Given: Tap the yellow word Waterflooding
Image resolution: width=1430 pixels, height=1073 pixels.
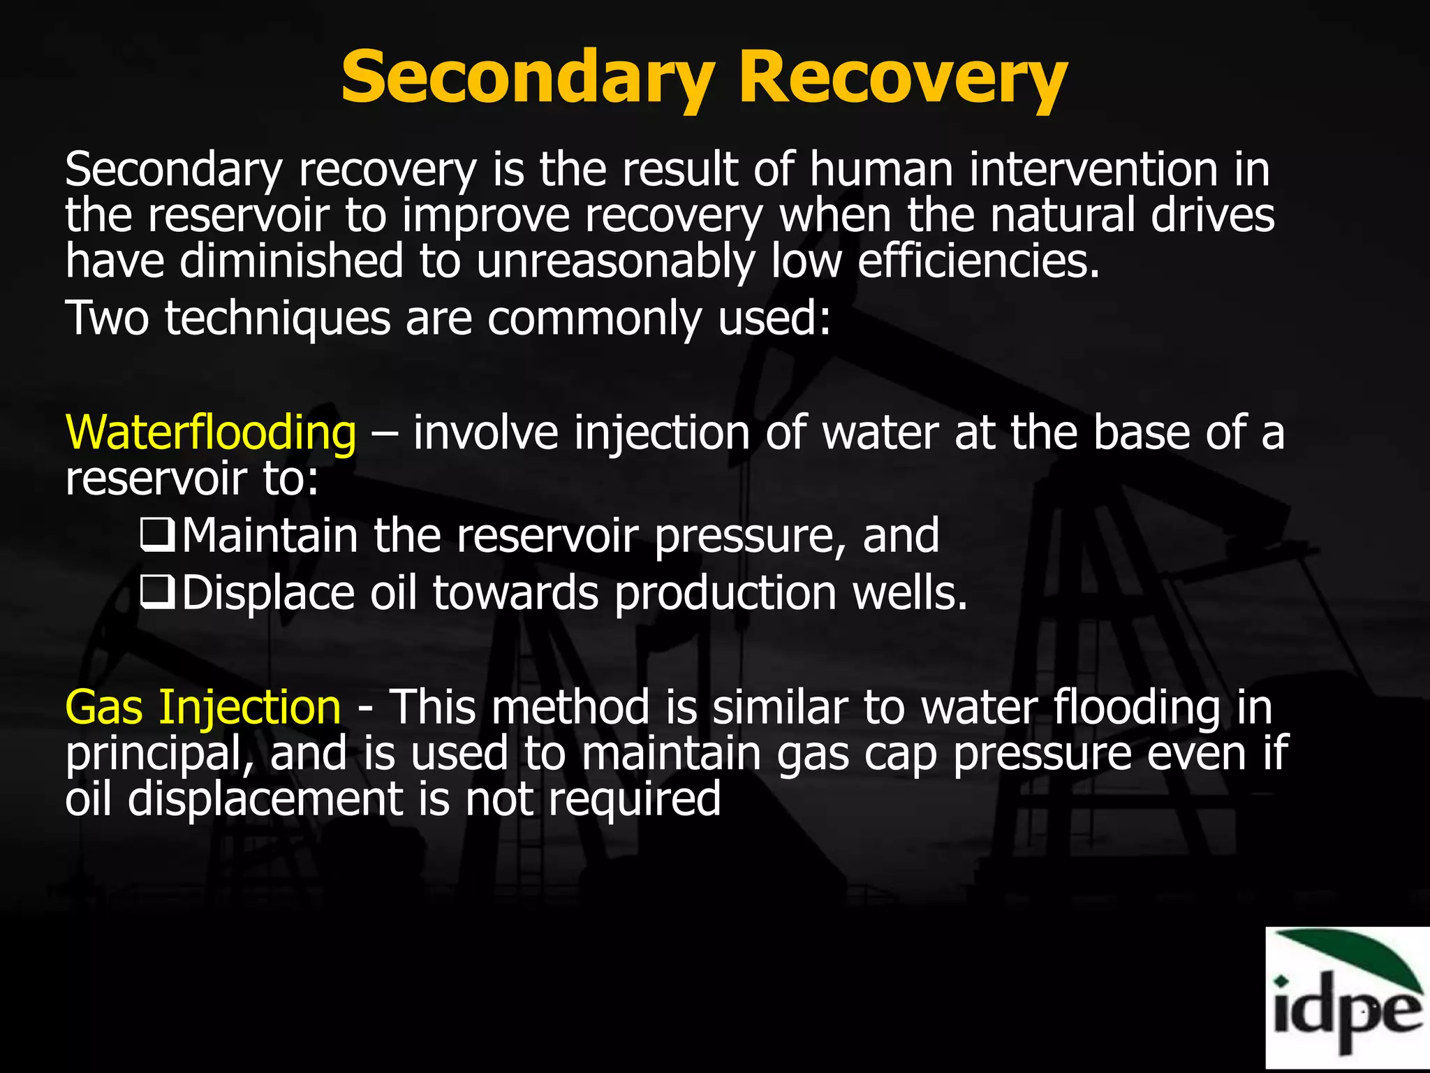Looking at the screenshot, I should tap(210, 432).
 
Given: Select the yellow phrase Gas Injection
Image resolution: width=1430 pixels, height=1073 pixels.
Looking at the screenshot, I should tap(203, 707).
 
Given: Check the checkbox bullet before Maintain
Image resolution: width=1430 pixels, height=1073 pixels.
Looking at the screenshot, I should tap(157, 536).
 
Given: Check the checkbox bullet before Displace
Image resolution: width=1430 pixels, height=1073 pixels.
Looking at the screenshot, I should tap(157, 593).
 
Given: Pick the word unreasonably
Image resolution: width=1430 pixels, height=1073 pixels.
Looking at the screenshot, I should tap(616, 261).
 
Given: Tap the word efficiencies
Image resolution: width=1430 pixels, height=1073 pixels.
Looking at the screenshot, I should tap(978, 260).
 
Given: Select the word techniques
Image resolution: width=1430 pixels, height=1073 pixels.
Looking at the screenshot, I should tap(277, 319).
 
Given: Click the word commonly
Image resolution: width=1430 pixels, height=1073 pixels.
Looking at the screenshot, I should tap(594, 319).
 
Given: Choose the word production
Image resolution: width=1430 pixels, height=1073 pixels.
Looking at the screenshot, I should tap(725, 593).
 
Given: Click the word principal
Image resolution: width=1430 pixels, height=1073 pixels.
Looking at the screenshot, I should tap(160, 754).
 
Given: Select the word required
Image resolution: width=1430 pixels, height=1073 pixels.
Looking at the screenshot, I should tap(634, 799).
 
